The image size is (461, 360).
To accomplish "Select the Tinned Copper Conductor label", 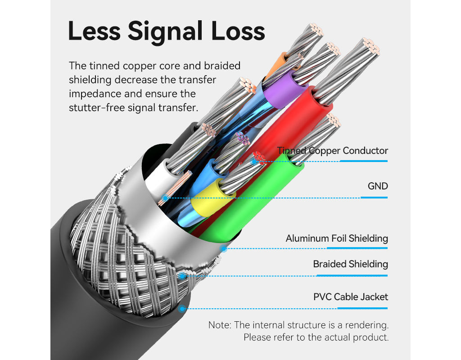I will tap(332, 150).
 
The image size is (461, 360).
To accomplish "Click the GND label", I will tap(377, 186).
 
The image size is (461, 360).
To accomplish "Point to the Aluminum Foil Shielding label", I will tap(336, 238).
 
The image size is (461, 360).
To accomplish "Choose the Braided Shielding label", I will tap(350, 264).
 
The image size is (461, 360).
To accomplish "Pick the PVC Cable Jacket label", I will tap(350, 297).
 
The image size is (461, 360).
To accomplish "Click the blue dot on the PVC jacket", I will tap(182, 309).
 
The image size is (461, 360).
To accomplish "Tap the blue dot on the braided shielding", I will tap(182, 276).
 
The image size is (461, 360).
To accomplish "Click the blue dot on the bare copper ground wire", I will tap(166, 198).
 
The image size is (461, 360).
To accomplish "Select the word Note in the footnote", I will tap(220, 325).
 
